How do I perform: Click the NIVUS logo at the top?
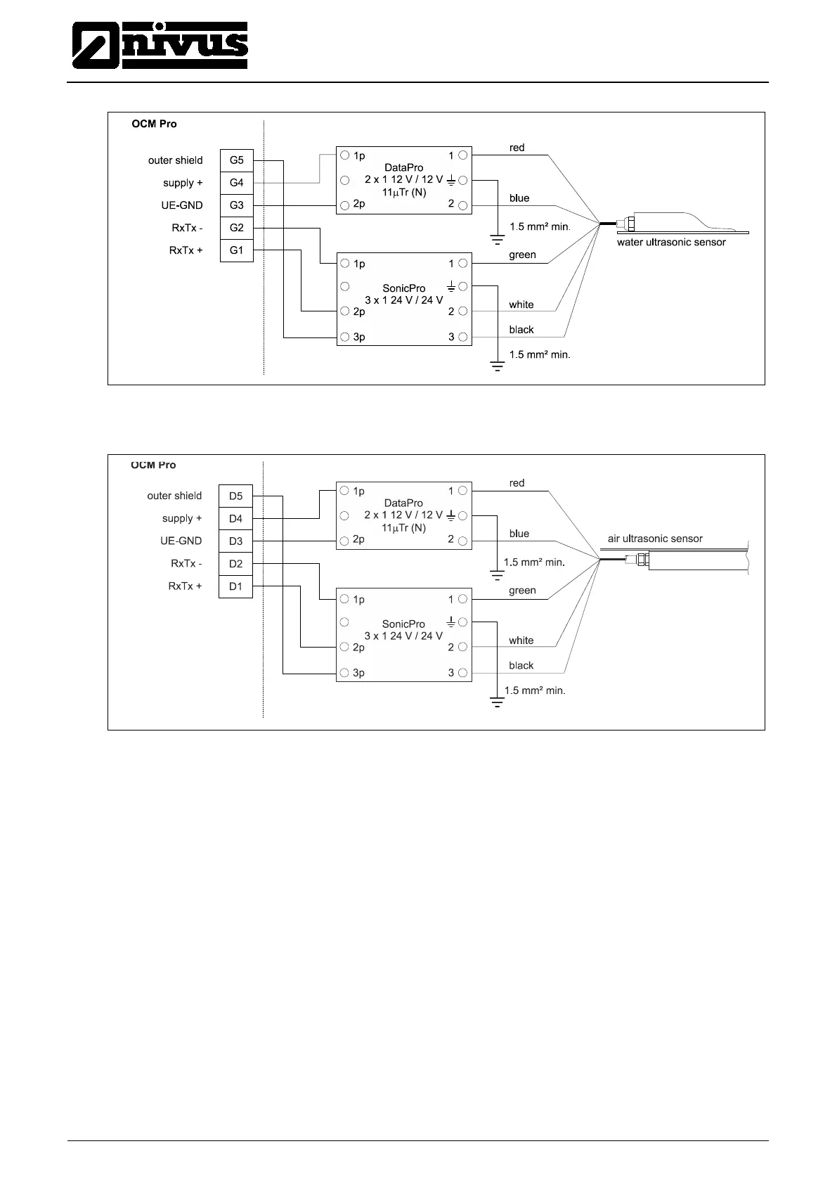click(160, 46)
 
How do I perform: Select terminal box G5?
click(236, 160)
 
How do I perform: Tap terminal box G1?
click(236, 250)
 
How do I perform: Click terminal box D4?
click(235, 518)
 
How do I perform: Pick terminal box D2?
click(235, 563)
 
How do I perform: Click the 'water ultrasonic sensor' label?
click(670, 243)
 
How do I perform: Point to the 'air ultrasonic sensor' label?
click(655, 539)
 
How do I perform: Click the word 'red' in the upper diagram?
click(517, 148)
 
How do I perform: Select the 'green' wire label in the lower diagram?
click(522, 591)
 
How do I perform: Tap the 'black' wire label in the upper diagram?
click(521, 330)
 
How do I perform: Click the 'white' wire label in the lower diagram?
click(521, 641)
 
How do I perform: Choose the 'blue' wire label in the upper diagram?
click(519, 198)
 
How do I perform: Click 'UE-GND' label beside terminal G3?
click(181, 205)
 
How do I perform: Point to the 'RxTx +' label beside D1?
click(185, 586)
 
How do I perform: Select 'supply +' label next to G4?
click(183, 183)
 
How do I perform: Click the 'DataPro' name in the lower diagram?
click(403, 503)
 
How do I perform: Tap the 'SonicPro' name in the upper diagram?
click(403, 288)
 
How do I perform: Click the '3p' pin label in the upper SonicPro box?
click(358, 337)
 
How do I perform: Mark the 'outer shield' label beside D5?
click(174, 496)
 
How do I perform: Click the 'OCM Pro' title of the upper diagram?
click(154, 124)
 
